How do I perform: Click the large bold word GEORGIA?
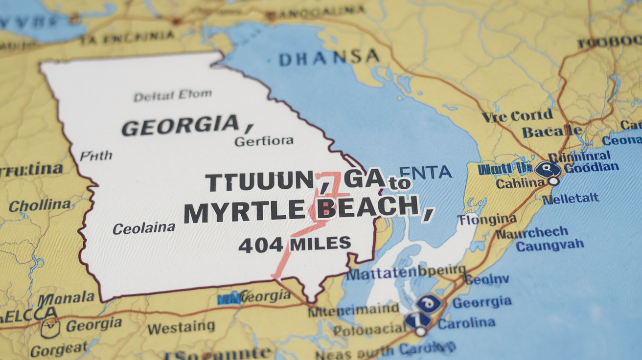point(180,126)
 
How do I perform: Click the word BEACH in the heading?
point(367,207)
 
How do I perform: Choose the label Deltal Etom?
point(173,95)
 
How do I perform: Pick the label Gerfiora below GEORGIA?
point(264,141)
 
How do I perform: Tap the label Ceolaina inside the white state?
point(144,227)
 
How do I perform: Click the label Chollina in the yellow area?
point(40,205)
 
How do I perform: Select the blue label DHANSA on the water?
point(329,58)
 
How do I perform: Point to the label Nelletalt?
point(571,198)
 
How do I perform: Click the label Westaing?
point(181,327)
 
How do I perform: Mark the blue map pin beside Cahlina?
point(548,170)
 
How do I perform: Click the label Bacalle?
point(552,131)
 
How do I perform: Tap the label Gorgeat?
point(59,349)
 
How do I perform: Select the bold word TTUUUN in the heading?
point(259,182)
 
